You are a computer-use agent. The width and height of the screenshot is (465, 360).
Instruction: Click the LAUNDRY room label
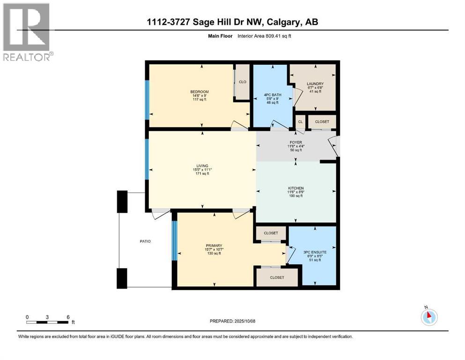(x=312, y=84)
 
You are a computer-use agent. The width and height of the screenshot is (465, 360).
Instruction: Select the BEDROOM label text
(x=199, y=91)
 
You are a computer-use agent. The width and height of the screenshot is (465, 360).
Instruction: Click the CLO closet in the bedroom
(x=243, y=82)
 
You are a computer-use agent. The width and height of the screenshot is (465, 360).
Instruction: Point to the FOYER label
(x=295, y=142)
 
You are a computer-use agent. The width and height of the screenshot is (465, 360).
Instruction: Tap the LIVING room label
(x=202, y=165)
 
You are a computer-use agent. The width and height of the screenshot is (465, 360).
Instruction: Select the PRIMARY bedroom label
(x=214, y=245)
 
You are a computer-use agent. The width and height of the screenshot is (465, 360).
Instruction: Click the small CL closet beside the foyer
(x=300, y=122)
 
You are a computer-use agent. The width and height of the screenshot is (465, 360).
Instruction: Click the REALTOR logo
(x=28, y=32)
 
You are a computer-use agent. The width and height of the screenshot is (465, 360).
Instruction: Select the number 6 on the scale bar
(x=68, y=317)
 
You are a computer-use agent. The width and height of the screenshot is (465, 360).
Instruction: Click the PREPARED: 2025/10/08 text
(x=232, y=321)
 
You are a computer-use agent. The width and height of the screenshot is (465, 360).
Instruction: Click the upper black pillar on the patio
(x=122, y=202)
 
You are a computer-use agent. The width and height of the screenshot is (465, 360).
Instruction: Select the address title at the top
(x=232, y=22)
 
